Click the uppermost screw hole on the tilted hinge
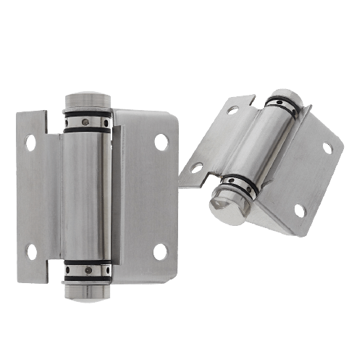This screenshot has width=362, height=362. [233, 111]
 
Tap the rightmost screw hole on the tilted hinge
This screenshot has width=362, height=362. [327, 148]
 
